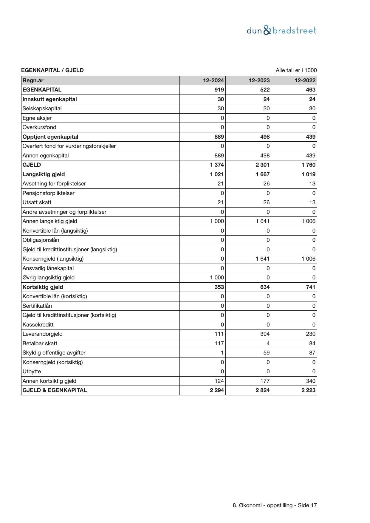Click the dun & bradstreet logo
point(281,30)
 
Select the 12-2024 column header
point(213,81)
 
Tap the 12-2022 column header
point(305,81)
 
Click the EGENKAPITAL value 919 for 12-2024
point(219,90)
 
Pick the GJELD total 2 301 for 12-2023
point(262,165)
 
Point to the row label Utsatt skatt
point(37,202)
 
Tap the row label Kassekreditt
point(38,325)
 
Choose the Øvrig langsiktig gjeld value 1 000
point(217,278)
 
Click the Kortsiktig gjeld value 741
point(310,287)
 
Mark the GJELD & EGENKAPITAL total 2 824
point(262,390)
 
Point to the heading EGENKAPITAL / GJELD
point(52,70)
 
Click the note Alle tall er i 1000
point(296,70)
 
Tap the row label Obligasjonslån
point(41,240)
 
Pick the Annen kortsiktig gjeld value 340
point(310,381)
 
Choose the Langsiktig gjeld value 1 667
point(262,174)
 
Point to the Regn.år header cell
point(33,81)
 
